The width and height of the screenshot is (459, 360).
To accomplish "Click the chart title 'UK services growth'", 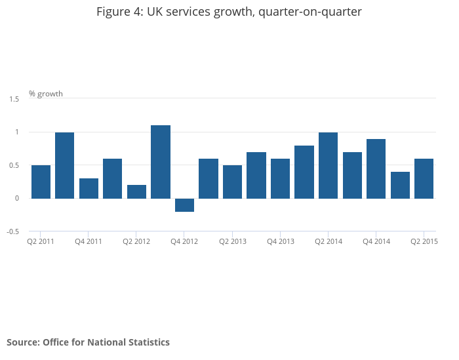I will (x=229, y=12).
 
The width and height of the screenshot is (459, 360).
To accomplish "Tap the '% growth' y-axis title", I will (x=46, y=94).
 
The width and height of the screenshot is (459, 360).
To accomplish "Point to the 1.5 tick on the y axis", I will (x=14, y=99).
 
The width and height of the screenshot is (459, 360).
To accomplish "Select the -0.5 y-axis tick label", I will (x=13, y=231).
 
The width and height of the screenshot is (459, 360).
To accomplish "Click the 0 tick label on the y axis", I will (x=17, y=198).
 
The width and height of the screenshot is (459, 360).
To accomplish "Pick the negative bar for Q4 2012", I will (x=184, y=205).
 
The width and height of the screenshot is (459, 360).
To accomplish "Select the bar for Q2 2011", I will (x=41, y=182).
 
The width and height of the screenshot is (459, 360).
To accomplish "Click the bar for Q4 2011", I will (x=89, y=188).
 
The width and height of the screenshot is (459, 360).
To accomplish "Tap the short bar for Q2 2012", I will (x=136, y=191).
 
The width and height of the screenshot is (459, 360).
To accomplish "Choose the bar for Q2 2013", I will (x=232, y=182).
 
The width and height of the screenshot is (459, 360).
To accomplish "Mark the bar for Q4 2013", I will (x=280, y=178).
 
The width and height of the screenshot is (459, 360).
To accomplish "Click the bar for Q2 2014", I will (x=328, y=165).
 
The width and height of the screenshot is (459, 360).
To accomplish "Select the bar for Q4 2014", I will (x=376, y=169).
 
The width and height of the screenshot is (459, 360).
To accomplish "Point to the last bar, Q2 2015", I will (x=424, y=178).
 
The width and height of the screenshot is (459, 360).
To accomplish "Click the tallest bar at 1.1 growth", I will (x=161, y=162).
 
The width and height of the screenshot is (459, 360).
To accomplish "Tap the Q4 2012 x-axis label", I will (x=184, y=241).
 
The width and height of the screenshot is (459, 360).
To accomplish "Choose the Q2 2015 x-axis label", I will (x=424, y=241).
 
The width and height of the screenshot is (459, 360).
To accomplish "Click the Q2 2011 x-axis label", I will (x=41, y=241).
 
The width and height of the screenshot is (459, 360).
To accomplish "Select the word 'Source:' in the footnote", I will (x=24, y=342).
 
